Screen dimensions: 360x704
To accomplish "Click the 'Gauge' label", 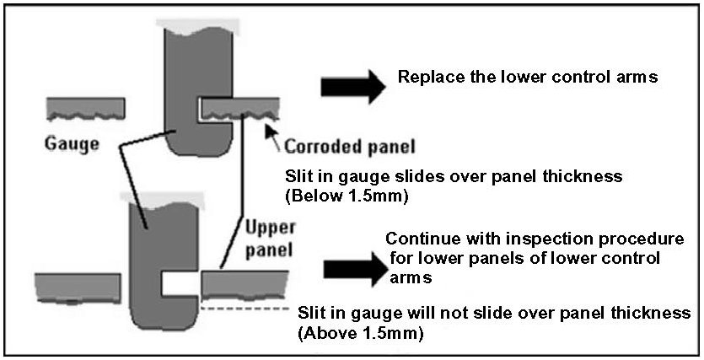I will (x=73, y=143).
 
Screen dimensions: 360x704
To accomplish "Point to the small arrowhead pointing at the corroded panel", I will (x=272, y=129).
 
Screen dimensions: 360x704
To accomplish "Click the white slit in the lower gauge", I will (x=180, y=284).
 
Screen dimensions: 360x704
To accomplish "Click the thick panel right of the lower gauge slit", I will (x=245, y=284).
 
